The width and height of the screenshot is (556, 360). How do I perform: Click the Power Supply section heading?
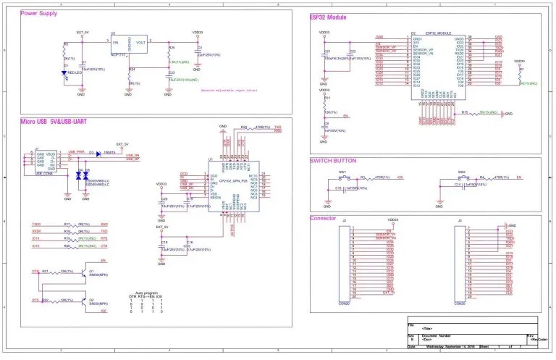pos(40,14)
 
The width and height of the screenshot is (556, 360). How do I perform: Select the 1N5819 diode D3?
pos(97,154)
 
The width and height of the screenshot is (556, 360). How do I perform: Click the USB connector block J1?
pos(35,161)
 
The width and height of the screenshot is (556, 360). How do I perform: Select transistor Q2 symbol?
pos(85,298)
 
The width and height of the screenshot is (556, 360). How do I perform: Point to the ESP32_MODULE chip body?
pos(437,62)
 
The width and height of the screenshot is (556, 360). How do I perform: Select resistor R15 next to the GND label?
pos(478,113)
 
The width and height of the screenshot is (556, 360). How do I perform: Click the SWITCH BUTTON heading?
pos(333,160)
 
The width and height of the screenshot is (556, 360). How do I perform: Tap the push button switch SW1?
pos(343,177)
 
